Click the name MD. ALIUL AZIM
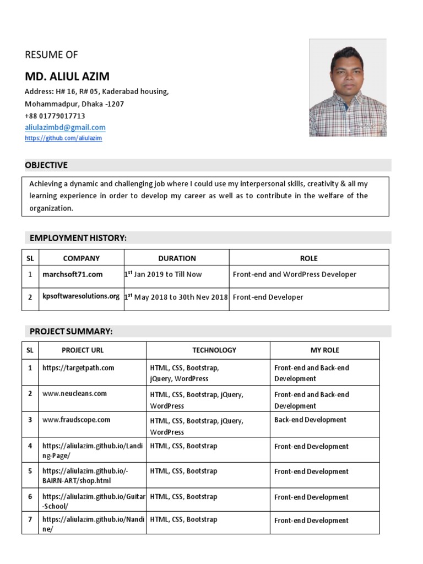(67, 76)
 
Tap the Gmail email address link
(65, 127)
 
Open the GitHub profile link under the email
(63, 138)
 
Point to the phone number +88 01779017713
(55, 116)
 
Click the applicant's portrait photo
(348, 88)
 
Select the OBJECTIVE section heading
(46, 165)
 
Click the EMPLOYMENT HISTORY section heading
(78, 238)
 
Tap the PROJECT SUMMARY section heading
(71, 331)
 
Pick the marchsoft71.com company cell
(73, 274)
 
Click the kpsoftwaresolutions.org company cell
(81, 296)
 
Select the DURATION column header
(177, 258)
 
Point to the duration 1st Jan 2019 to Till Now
(164, 274)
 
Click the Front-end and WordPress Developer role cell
(295, 274)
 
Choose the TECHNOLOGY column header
(214, 350)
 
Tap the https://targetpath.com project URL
(78, 367)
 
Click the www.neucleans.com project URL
(74, 394)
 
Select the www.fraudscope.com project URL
(76, 420)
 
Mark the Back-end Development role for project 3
(310, 420)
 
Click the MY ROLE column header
(324, 350)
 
